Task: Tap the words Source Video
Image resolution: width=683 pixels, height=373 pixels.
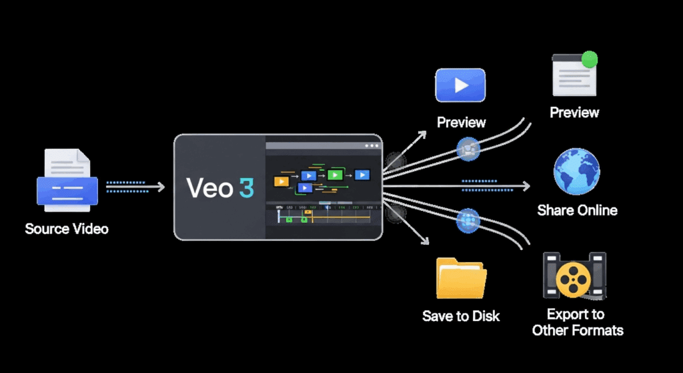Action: click(67, 229)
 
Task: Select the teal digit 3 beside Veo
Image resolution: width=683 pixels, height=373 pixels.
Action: click(245, 188)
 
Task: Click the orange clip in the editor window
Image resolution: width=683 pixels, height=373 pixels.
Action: click(281, 181)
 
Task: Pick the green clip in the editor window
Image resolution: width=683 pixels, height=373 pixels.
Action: click(335, 175)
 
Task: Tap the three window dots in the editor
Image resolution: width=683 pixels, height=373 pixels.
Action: click(372, 145)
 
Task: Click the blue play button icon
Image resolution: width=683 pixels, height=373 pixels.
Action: click(460, 85)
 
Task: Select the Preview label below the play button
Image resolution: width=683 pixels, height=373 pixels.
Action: click(461, 123)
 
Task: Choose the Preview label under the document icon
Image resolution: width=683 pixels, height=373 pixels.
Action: click(574, 113)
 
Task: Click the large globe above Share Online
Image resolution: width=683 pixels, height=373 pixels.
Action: click(576, 171)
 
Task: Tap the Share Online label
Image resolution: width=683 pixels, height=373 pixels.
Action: click(577, 211)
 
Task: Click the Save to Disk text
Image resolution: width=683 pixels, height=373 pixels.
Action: click(461, 316)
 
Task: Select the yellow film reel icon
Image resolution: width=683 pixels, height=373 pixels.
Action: click(573, 276)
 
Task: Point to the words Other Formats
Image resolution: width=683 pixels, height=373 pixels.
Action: click(578, 330)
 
